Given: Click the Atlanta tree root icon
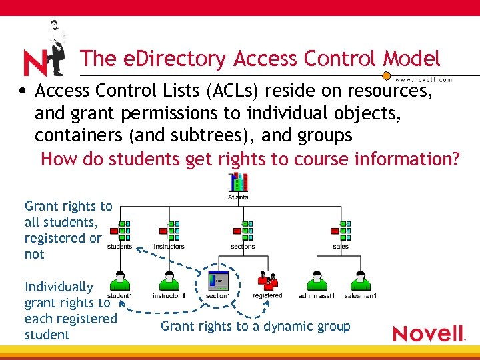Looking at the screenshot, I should pos(239,183).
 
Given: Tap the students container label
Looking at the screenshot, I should pos(119,247).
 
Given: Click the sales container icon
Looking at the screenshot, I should pos(341,231).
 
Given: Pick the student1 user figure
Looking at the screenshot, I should pos(120,281).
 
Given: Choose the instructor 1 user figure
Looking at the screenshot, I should pos(169,281).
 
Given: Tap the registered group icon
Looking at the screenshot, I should pos(267,281).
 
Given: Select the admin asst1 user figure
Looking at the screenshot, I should pos(316,281).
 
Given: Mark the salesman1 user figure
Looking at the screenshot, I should pos(360,281).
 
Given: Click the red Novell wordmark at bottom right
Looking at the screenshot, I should pos(428,333).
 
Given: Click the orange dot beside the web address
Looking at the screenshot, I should pos(386,77).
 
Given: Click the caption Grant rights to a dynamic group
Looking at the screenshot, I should pos(255,326).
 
